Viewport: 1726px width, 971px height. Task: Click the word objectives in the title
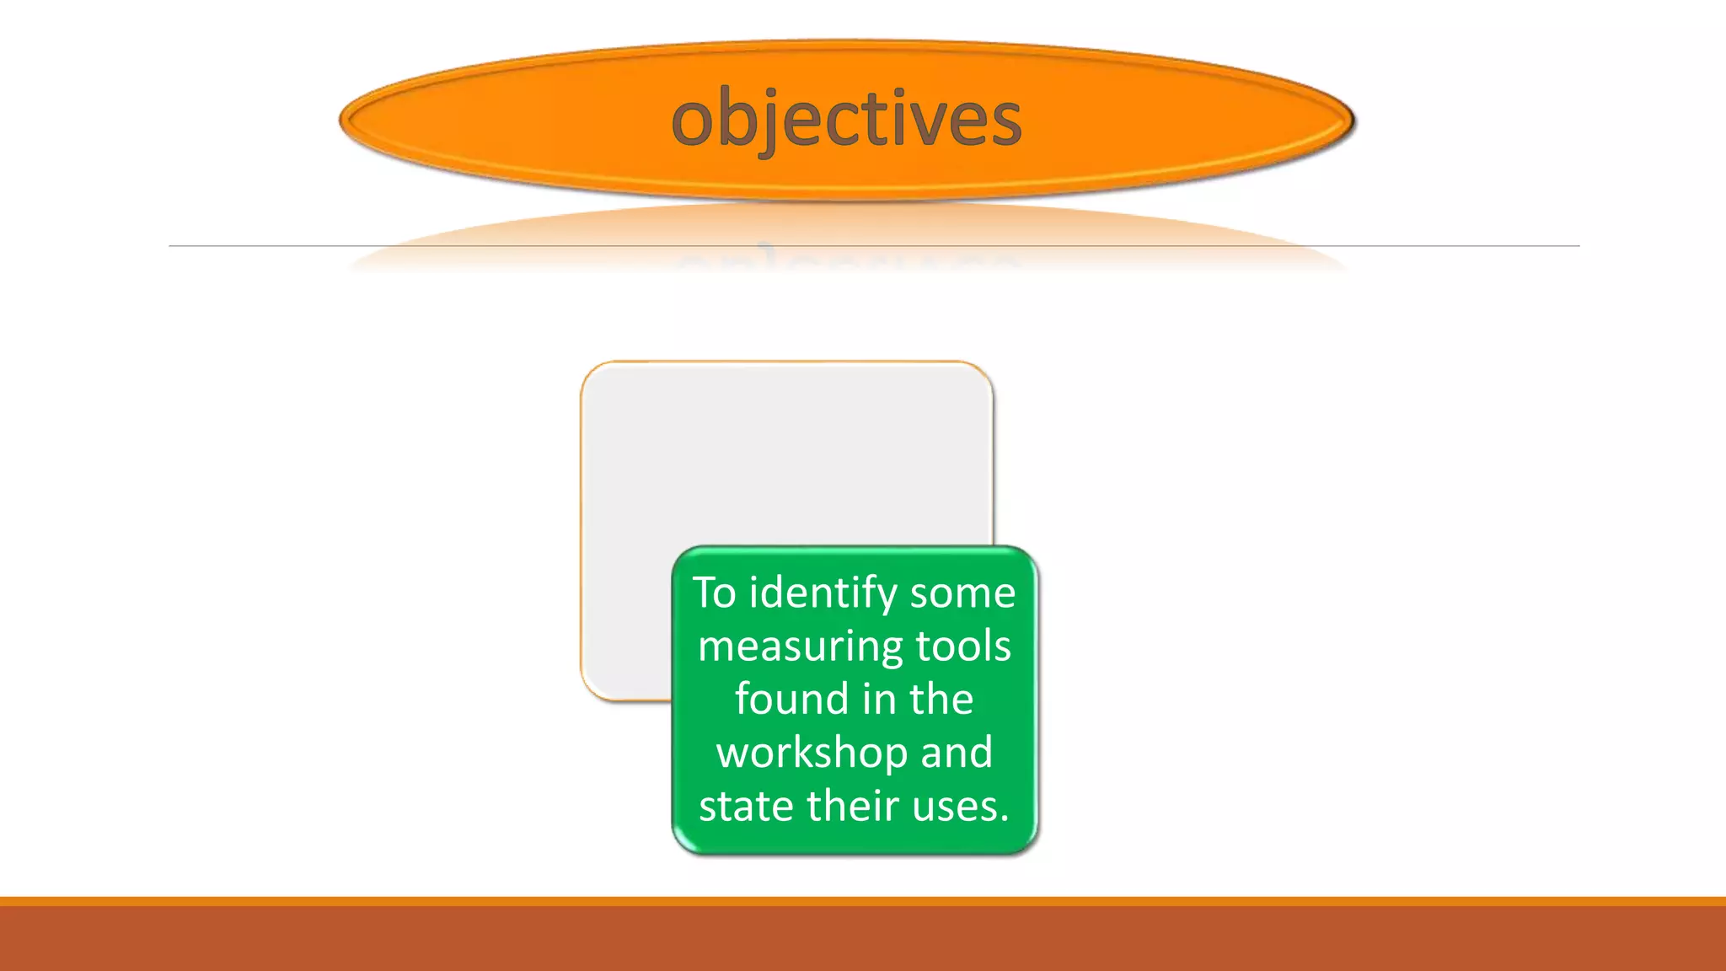coord(846,119)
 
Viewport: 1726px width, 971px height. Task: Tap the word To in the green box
coord(714,593)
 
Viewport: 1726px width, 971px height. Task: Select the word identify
coord(823,593)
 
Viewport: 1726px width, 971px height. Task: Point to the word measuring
coord(800,647)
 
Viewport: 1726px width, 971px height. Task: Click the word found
coord(791,699)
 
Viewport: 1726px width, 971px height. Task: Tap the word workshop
coord(811,752)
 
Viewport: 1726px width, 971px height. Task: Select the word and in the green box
coord(957,752)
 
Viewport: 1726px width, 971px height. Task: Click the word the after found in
coord(941,699)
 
